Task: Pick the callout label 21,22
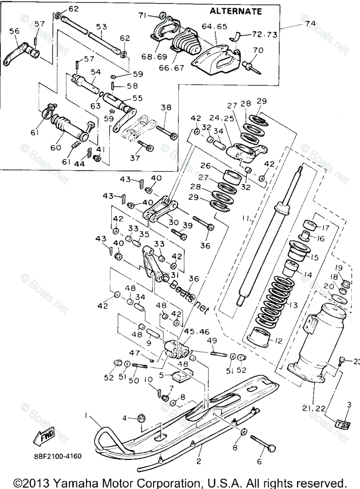point(313,408)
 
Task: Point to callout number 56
point(14,31)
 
